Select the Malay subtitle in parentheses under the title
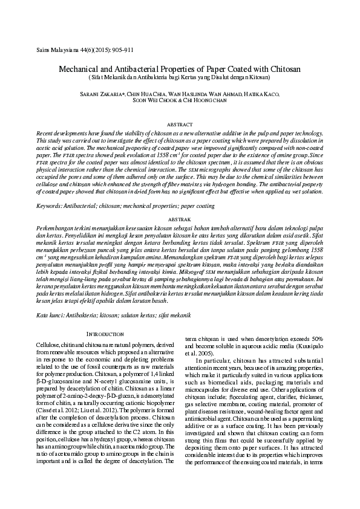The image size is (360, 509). click(180, 78)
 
